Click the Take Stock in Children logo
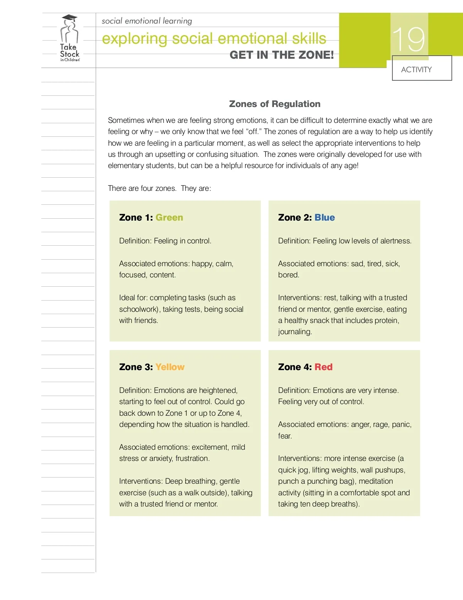[69, 39]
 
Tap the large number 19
[409, 39]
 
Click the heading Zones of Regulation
[275, 104]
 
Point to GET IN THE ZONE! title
[282, 55]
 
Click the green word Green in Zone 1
[169, 218]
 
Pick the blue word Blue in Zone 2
[324, 218]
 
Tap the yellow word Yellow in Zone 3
[170, 367]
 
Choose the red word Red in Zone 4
[323, 367]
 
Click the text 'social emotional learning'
[147, 21]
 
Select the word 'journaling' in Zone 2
[295, 332]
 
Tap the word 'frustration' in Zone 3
[192, 459]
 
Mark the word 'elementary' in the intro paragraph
[125, 166]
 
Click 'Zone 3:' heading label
[136, 367]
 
